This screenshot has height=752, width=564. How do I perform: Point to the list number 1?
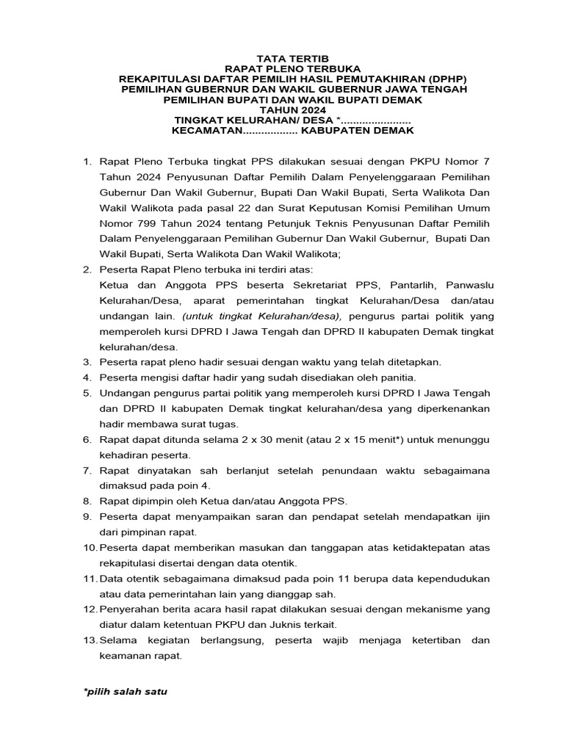click(x=85, y=161)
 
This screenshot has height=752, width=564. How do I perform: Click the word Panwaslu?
click(x=466, y=284)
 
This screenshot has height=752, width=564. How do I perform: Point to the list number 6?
click(x=85, y=439)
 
